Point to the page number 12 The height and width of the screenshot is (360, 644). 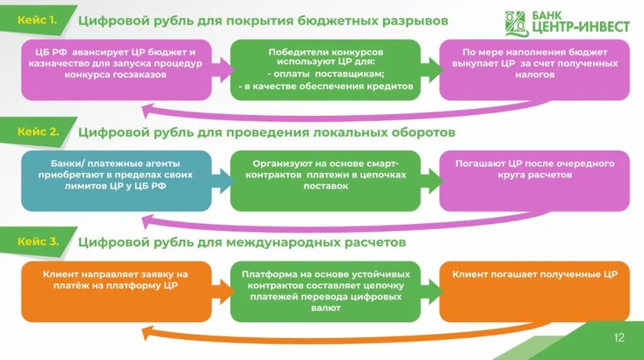(619, 339)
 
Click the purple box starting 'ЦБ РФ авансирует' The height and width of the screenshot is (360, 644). (116, 69)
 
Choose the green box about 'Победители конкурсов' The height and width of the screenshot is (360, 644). (325, 69)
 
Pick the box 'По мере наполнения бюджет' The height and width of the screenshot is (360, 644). (535, 69)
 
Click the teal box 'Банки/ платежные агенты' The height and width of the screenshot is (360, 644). (116, 181)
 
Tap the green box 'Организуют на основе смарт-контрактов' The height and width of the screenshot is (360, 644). (325, 181)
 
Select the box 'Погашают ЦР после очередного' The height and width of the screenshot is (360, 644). (535, 181)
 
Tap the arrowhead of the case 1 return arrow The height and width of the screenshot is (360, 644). (148, 111)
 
